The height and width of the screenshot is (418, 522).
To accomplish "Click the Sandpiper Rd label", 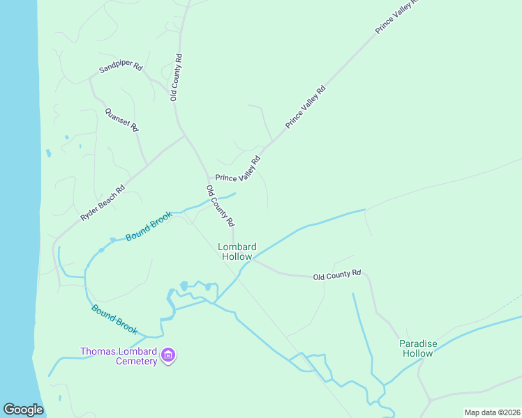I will point(121,68).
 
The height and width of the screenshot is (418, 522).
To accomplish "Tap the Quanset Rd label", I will point(121,119).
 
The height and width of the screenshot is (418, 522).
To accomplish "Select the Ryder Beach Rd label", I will point(103,203).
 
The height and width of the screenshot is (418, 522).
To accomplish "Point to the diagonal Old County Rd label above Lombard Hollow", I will point(220,206).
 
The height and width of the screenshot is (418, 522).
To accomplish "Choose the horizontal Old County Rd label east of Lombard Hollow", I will point(336,275).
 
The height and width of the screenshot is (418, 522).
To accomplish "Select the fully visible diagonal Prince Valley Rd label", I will point(306,107).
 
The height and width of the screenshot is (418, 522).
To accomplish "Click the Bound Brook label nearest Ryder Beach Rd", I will point(148,227).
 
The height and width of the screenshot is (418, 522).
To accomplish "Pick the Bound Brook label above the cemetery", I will point(114,319).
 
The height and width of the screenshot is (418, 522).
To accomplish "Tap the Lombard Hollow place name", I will point(237,251).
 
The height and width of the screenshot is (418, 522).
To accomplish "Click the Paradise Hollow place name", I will point(417,348).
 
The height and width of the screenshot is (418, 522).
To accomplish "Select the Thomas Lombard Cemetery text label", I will point(118,356).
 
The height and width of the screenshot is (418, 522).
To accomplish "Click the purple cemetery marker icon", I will point(167,356).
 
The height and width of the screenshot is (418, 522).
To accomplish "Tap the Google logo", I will point(23,410).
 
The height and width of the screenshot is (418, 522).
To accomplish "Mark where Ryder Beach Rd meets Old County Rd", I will point(184,136).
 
